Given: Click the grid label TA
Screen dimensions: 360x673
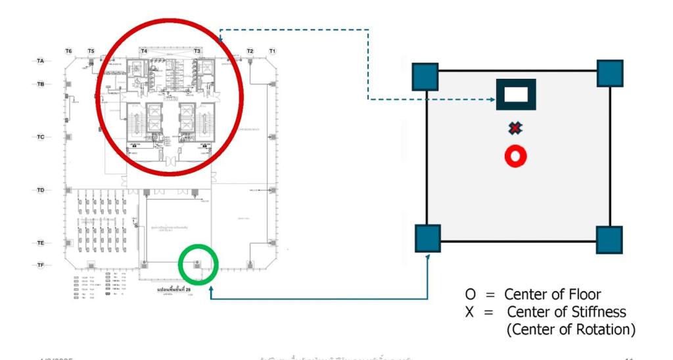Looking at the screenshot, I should coord(40,61).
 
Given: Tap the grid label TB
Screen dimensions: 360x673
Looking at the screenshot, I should coord(40,84).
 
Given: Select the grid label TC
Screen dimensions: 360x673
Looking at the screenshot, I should coord(40,137).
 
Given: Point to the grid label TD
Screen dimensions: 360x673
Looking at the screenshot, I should coord(40,191).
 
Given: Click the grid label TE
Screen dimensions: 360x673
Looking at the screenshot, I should coord(40,243).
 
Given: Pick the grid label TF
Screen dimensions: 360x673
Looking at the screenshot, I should coord(40,265).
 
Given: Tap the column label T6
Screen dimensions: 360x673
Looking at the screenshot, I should coord(68,51).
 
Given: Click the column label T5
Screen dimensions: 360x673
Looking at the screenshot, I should coord(91,51).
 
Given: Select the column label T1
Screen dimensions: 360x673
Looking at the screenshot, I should coord(272,51).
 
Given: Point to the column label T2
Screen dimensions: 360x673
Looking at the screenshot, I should coord(250,51).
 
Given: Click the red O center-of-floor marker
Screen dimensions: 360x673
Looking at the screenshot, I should coord(516,156).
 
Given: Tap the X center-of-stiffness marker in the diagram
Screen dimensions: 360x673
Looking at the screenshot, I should coord(516,128).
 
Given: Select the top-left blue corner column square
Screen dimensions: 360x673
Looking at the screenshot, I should coord(426,76).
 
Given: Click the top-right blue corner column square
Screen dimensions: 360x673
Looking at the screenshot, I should coord(610,73).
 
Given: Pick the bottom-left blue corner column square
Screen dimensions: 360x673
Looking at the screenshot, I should coord(428,238).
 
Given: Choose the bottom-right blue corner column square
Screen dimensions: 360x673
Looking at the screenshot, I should coord(609,240).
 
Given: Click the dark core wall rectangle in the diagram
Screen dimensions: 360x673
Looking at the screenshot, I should coord(516,94).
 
